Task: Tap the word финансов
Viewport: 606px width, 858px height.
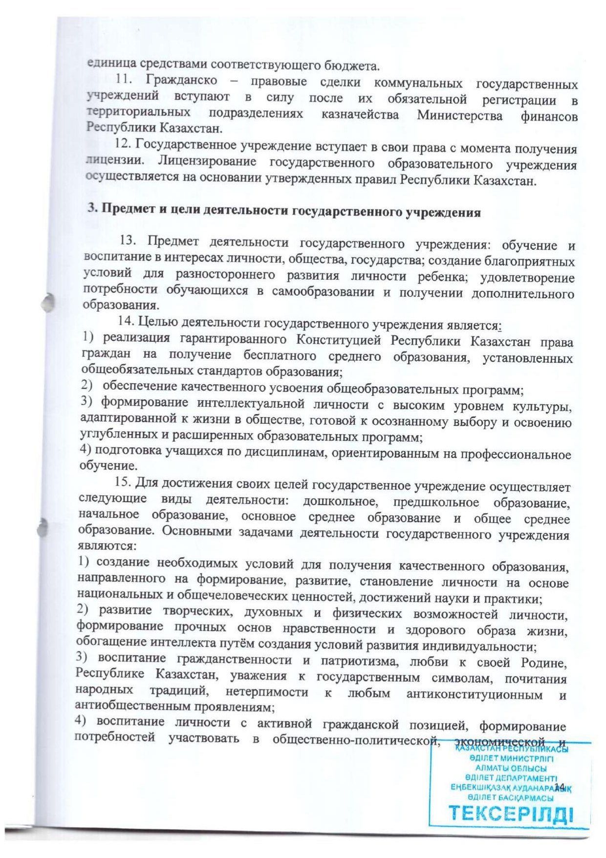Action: tap(550, 117)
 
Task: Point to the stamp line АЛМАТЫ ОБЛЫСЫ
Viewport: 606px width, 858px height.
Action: tap(511, 770)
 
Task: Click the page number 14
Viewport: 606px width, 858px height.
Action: tap(560, 786)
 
